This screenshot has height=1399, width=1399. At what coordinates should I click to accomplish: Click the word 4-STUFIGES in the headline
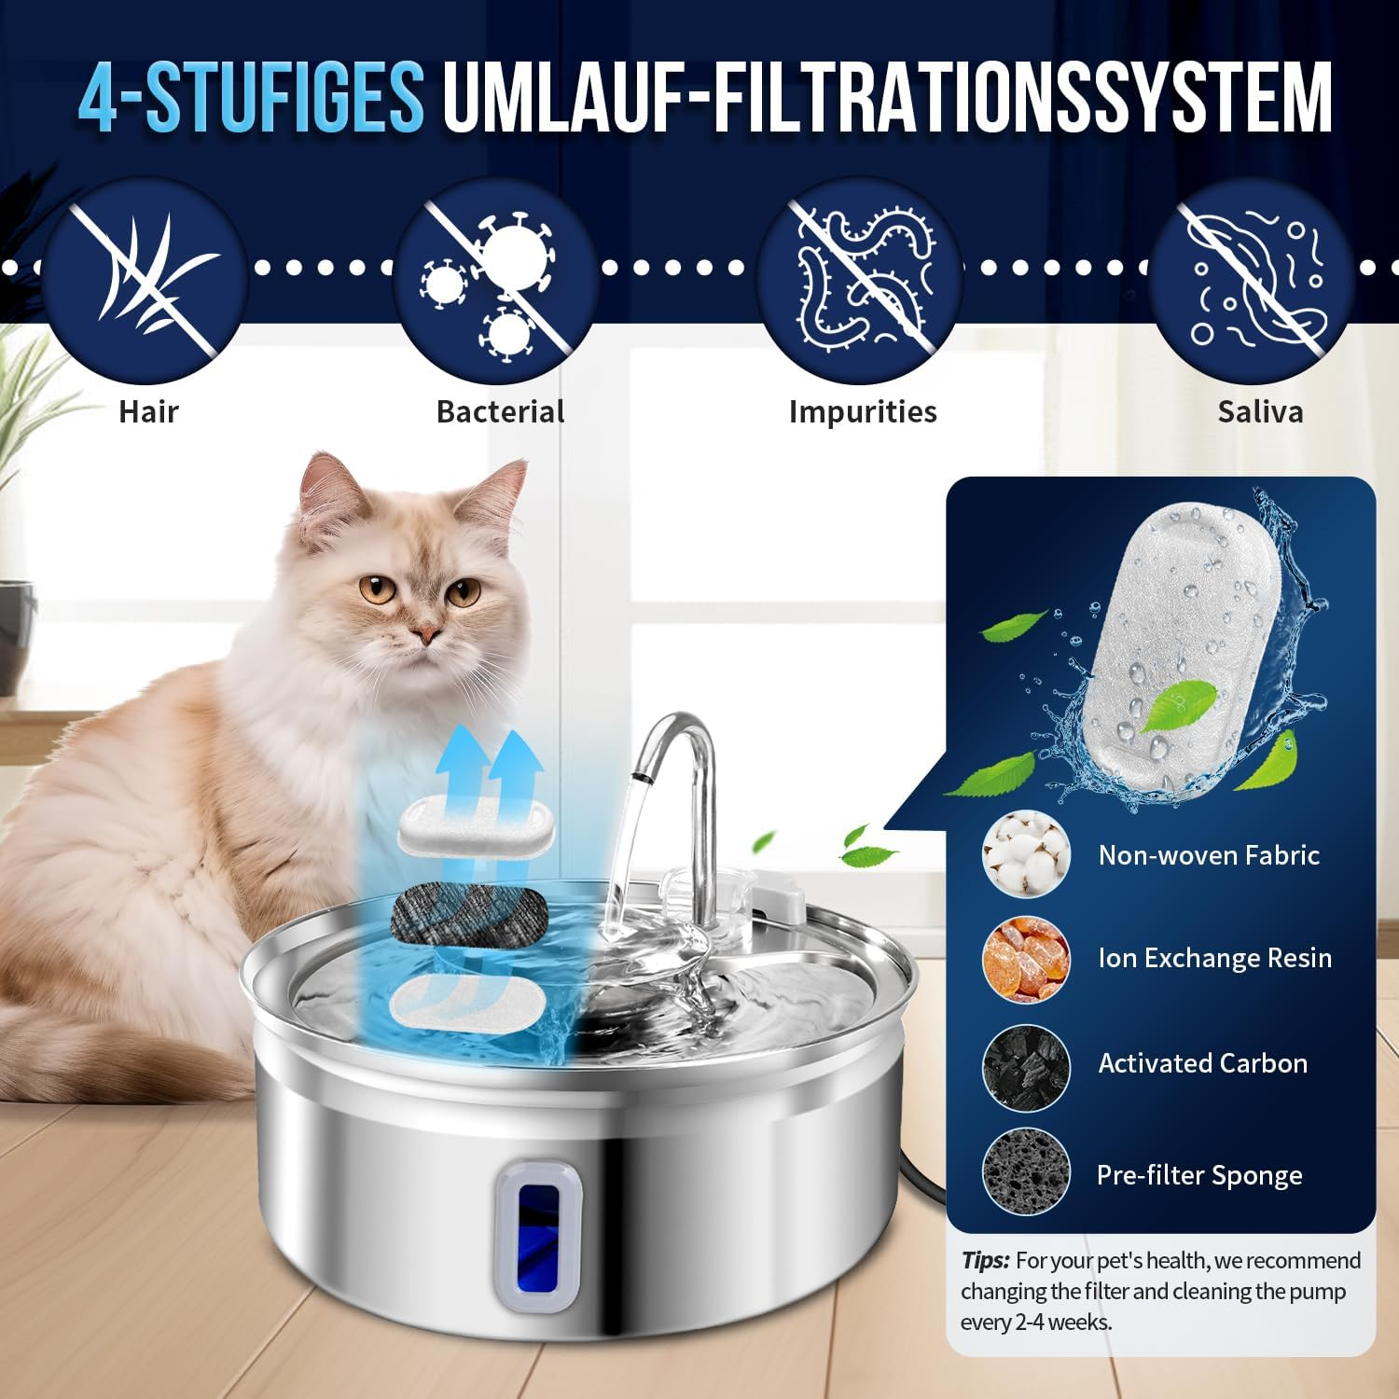[252, 98]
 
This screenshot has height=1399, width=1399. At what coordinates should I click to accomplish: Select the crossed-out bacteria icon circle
[495, 280]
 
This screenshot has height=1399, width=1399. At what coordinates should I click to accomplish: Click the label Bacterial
[500, 411]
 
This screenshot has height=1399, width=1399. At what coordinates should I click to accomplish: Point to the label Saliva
[1260, 411]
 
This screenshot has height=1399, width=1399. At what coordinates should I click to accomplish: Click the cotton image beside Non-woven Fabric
[1026, 854]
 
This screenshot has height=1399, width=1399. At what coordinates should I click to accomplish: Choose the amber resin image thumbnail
[1026, 959]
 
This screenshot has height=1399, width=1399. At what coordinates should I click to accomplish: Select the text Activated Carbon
[1202, 1063]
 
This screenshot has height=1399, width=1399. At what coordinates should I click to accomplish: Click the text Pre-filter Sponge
[1199, 1175]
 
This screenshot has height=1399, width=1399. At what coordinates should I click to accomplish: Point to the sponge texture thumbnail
[1026, 1172]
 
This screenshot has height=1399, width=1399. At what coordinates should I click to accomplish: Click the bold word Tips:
[985, 1261]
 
